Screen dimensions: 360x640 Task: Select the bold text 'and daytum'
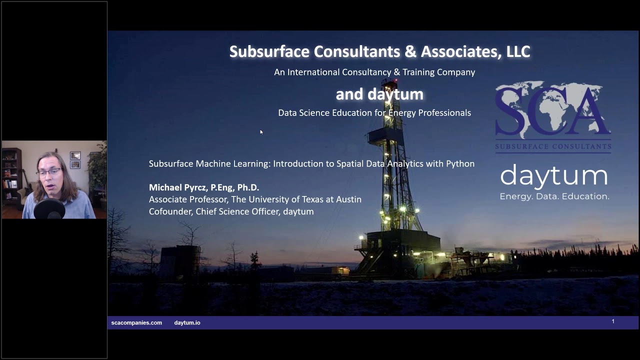(379, 94)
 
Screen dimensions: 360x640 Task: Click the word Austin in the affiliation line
(348, 199)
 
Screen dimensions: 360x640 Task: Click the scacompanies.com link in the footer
(136, 323)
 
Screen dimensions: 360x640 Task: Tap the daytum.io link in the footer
(187, 323)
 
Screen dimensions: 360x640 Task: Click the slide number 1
(613, 321)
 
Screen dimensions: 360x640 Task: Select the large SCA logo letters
(552, 110)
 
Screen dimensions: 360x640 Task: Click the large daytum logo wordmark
(554, 176)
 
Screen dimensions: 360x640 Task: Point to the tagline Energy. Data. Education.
(554, 196)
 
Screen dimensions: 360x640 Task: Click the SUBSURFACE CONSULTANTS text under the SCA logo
(553, 147)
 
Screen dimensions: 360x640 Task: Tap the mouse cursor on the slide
(261, 132)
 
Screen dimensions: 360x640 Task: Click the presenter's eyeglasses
(48, 172)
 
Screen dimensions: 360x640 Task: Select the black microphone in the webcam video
(49, 209)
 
